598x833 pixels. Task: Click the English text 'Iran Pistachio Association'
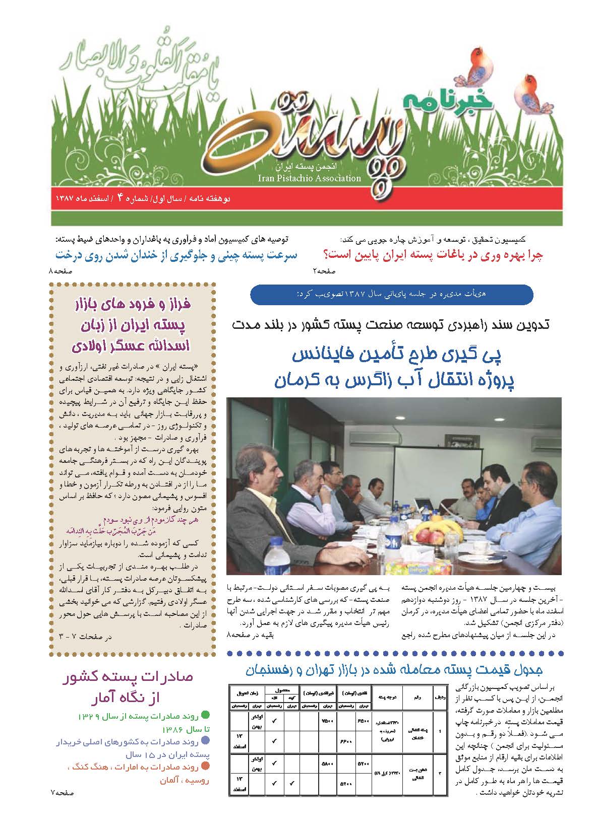pyautogui.click(x=309, y=178)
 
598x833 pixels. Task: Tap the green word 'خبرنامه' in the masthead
pyautogui.click(x=437, y=100)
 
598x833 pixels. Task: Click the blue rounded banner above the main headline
pyautogui.click(x=391, y=294)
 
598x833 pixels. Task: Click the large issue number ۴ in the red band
pyautogui.click(x=120, y=198)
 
